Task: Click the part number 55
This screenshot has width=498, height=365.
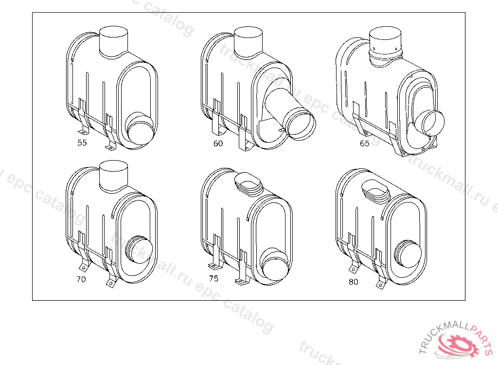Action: [82, 143]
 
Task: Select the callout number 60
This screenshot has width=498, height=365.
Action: [218, 144]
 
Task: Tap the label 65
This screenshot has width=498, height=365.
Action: [364, 144]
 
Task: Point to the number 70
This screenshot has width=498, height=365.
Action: [81, 279]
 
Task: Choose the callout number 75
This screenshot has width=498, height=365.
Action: [214, 278]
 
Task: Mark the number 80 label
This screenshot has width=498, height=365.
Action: [353, 282]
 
